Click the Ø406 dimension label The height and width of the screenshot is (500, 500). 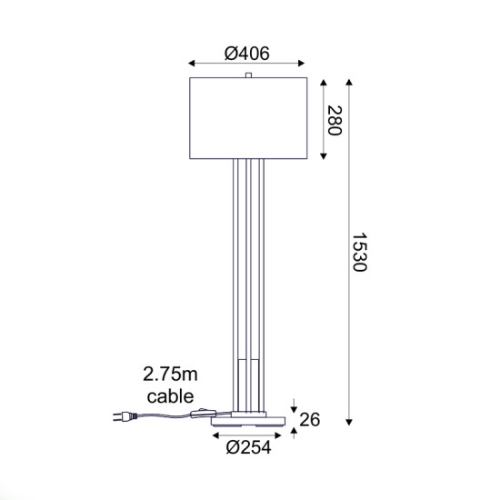click(247, 54)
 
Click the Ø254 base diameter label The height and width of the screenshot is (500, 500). click(248, 446)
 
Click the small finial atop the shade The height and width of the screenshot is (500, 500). click(248, 75)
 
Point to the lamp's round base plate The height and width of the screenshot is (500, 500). click(248, 420)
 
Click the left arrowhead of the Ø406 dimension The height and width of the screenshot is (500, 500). click(191, 64)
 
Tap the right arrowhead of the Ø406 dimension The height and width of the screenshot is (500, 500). click(305, 64)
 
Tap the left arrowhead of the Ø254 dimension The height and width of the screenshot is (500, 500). click(215, 435)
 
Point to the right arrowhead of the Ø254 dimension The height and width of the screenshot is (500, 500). click(283, 435)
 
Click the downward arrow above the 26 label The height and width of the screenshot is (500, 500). click(294, 408)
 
